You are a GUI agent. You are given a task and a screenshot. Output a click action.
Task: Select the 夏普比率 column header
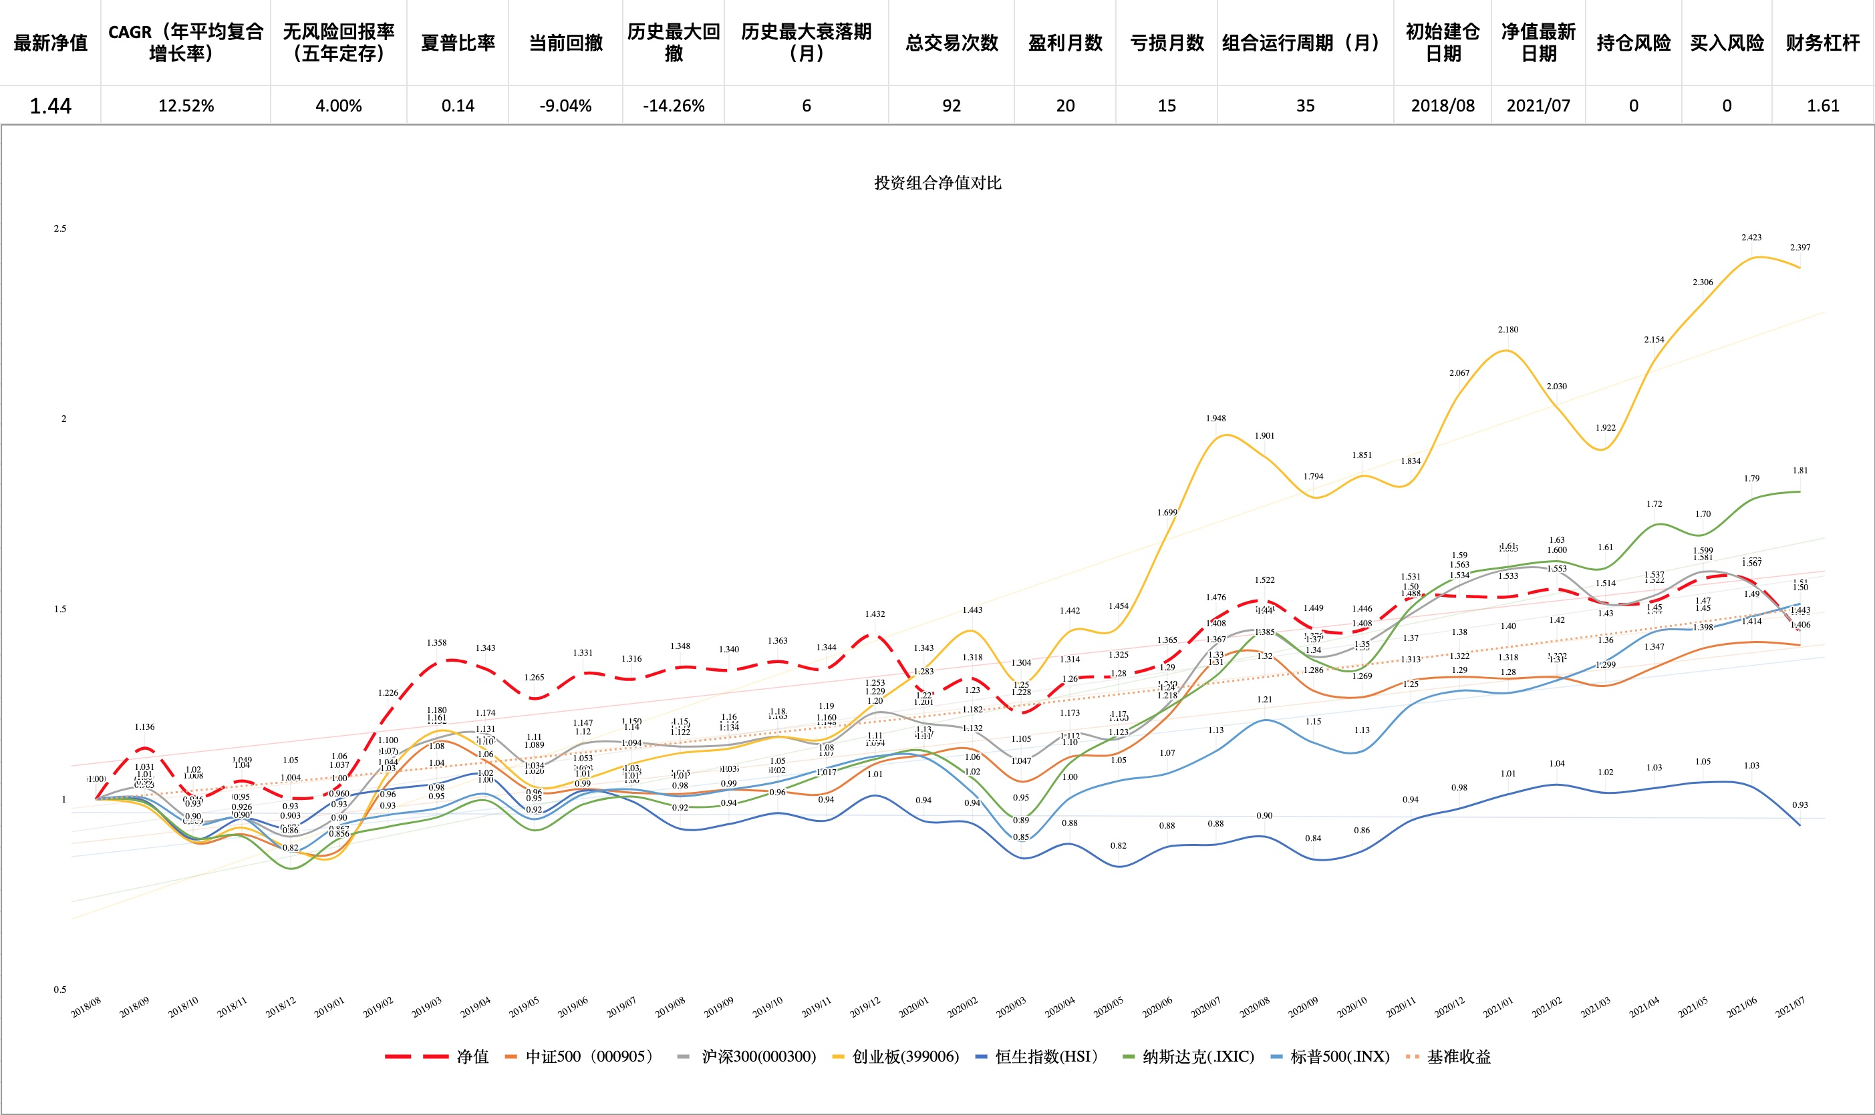[458, 43]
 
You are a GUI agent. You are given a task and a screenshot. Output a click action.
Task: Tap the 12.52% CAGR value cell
[186, 106]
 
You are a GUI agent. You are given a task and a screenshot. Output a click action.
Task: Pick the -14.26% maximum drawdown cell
[674, 106]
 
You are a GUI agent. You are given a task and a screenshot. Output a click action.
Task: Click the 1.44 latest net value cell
[50, 106]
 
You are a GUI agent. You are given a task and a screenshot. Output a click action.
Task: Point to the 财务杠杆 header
[1822, 43]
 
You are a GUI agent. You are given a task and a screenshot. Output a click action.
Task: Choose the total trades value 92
[952, 106]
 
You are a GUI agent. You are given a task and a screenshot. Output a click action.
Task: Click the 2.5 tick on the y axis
[60, 228]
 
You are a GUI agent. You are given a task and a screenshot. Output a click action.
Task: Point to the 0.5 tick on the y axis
[60, 989]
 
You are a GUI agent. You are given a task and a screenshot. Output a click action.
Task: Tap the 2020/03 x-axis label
[1011, 1008]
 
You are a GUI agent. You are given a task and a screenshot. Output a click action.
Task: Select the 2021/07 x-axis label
[1790, 1008]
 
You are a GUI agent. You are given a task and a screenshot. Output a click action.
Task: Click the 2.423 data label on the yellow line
[1751, 238]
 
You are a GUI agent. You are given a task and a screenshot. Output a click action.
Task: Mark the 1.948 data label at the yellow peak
[1215, 419]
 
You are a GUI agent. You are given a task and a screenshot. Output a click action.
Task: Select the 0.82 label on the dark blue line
[1119, 846]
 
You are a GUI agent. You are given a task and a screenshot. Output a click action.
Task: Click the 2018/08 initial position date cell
[1443, 106]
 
